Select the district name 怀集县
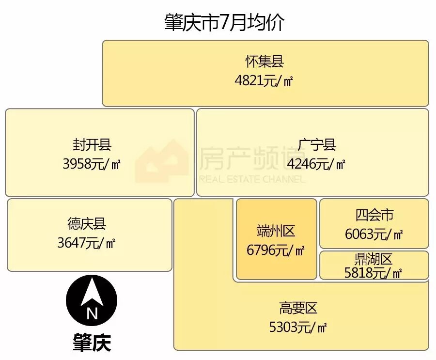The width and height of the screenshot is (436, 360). pos(264,62)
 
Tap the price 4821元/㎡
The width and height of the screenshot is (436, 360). pos(264,80)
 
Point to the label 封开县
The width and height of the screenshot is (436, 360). pos(92,144)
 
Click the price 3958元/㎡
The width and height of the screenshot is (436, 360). pos(92,164)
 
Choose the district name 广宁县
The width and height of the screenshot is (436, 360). pos(317,144)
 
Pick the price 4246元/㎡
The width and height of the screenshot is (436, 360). pos(316,164)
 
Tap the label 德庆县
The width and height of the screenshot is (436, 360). pos(87,223)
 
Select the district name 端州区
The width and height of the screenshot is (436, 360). pos(276,231)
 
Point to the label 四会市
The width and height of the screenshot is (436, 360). pos(374,215)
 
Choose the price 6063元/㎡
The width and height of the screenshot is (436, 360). pos(374,234)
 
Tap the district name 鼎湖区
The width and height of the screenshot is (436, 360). pos(374,259)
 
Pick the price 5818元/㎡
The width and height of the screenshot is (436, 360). pos(373,273)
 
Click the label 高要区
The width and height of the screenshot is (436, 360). pos(298,308)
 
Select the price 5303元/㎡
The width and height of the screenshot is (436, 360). pos(298,327)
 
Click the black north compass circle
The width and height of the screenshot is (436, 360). pos(92,301)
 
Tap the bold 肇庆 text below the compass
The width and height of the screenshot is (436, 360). pos(92,342)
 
